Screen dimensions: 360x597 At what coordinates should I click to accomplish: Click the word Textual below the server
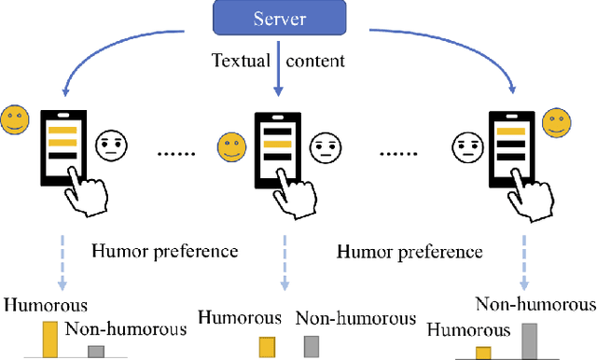[x=240, y=62]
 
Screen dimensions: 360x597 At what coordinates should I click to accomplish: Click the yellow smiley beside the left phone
[x=14, y=118]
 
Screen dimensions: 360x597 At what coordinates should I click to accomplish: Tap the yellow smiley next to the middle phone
[x=230, y=147]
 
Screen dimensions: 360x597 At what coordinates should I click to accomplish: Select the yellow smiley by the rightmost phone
[x=557, y=121]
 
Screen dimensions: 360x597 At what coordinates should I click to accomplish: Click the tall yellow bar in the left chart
[x=49, y=339]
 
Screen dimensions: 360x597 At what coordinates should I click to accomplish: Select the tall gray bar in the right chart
[x=529, y=340]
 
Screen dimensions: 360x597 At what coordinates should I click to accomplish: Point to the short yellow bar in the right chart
[x=482, y=353]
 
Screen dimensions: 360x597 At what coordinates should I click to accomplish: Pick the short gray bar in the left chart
[x=96, y=351]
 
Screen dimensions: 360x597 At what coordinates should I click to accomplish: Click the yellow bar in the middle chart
[x=267, y=346]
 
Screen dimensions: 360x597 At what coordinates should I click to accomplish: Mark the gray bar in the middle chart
[x=312, y=346]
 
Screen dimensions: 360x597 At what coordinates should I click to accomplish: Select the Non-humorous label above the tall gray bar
[x=535, y=304]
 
